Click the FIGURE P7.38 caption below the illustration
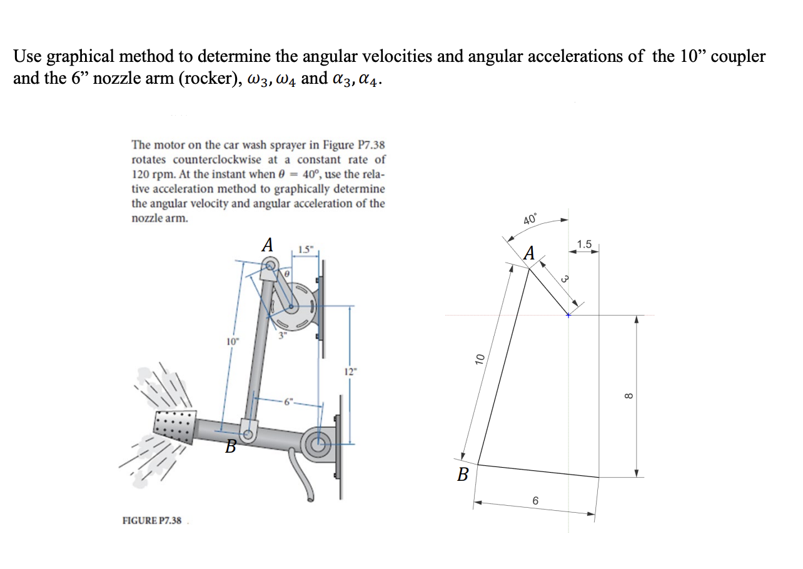151,520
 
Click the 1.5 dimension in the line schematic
585,243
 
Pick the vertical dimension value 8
630,395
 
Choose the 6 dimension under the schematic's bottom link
535,501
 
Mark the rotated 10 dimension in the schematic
480,358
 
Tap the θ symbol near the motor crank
286,273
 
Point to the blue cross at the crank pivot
568,315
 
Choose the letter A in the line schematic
530,254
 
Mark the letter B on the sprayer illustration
231,446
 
